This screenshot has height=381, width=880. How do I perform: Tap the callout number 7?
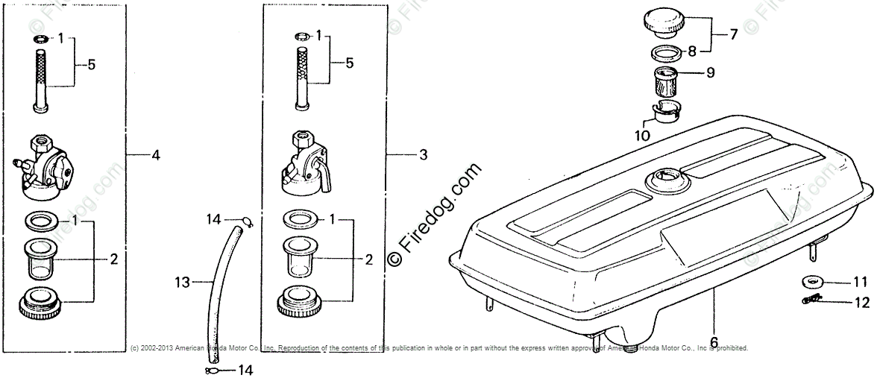(x=734, y=34)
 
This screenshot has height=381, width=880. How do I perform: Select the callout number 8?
(x=691, y=52)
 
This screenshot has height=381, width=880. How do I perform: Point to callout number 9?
(x=710, y=73)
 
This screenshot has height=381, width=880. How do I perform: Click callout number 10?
(x=642, y=136)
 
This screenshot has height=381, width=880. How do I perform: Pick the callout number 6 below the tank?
(x=714, y=342)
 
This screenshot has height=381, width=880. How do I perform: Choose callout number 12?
(x=861, y=303)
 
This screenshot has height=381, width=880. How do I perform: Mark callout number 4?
(x=155, y=155)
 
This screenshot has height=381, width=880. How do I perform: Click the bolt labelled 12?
(x=808, y=300)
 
